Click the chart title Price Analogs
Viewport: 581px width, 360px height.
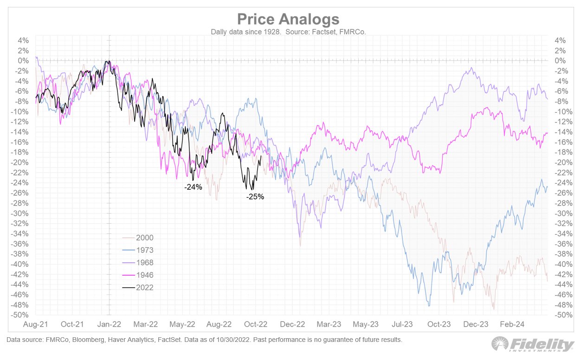[288, 19]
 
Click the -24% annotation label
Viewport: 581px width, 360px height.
[193, 188]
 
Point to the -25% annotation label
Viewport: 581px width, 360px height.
[255, 197]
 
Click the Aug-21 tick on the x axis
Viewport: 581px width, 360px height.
[36, 324]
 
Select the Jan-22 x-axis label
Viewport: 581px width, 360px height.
[110, 324]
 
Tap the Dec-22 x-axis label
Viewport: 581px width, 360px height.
[293, 324]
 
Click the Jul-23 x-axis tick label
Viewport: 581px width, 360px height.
[403, 324]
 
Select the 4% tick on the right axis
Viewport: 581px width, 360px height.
[560, 40]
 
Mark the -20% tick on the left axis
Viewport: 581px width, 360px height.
[22, 162]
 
